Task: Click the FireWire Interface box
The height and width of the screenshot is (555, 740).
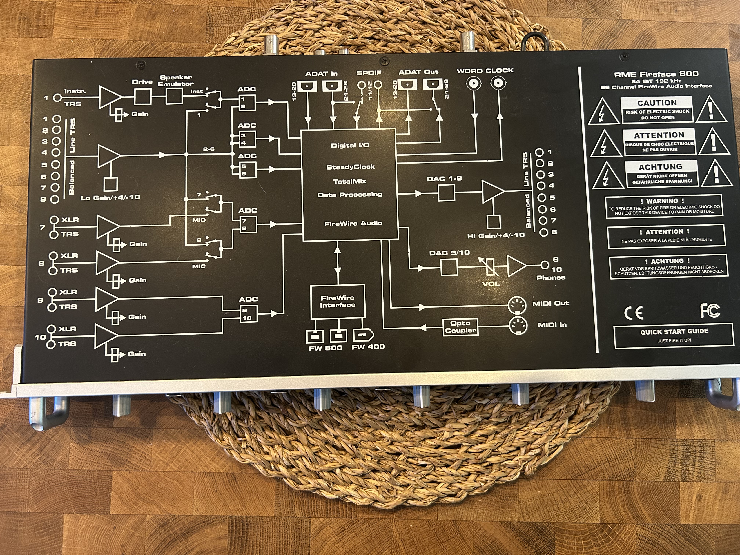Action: point(338,301)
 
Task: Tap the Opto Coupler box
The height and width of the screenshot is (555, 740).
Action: point(460,327)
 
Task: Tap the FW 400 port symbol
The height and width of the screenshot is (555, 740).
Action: point(363,335)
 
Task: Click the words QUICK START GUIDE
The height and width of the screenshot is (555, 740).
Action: point(674,331)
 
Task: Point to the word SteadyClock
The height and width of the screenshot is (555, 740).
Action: point(350,167)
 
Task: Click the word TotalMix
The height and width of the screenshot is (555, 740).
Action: point(350,181)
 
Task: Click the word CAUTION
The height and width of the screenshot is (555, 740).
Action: point(657,103)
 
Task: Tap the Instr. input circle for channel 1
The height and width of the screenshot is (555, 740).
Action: point(58,98)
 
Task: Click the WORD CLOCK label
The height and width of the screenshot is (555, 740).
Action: point(485,71)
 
